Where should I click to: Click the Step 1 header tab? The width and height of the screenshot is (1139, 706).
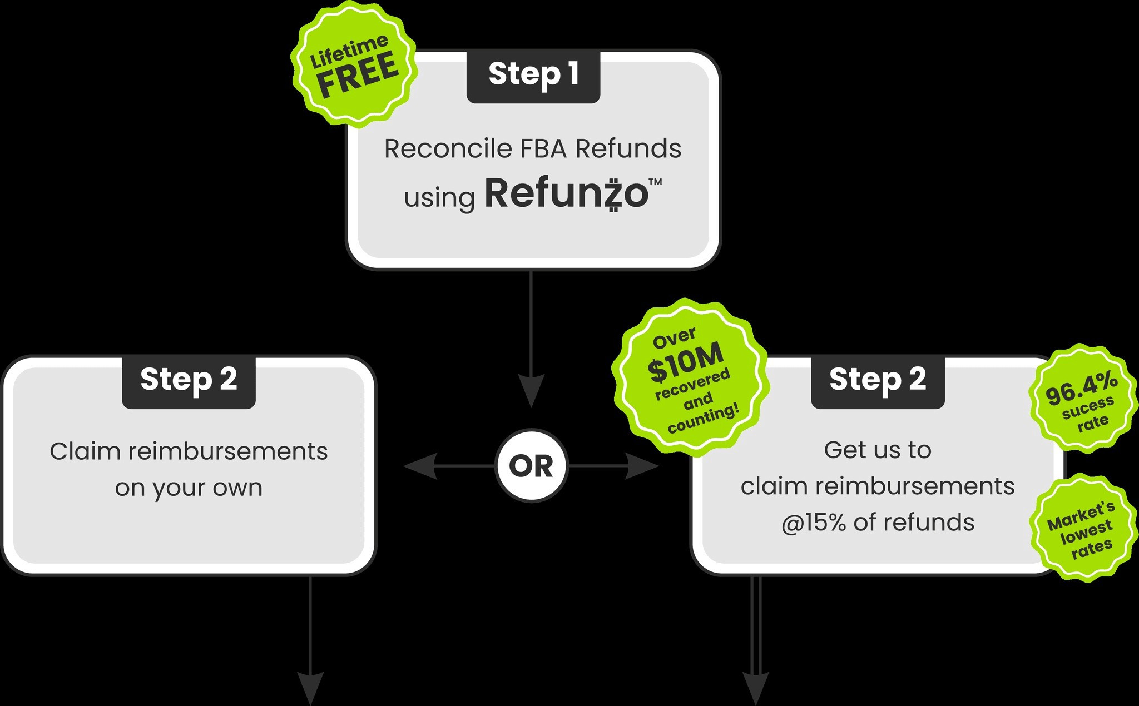point(533,76)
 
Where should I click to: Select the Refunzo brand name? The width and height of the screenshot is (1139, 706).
point(567,193)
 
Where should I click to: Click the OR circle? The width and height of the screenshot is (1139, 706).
point(531,465)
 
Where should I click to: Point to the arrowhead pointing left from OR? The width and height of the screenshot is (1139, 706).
point(419,466)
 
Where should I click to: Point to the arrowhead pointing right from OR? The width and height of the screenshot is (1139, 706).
point(643,466)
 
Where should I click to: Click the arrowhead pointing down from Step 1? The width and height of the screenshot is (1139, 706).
point(531,391)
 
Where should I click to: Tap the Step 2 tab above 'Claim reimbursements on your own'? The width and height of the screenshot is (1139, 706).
point(189,381)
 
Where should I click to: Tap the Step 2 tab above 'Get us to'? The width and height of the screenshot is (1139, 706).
point(878,381)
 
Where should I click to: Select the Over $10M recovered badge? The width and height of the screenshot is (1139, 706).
point(691,378)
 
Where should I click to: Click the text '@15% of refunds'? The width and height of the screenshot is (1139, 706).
point(878,523)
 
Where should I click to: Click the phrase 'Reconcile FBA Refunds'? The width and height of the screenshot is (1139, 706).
point(533,148)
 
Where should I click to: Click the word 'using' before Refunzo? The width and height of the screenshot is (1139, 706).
point(439,198)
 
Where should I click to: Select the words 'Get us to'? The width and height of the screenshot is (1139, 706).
point(878,450)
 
